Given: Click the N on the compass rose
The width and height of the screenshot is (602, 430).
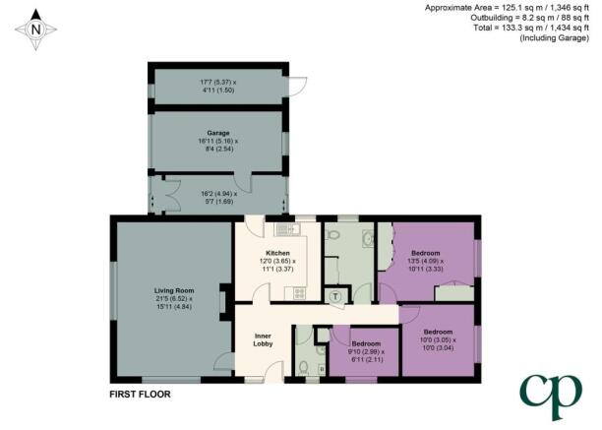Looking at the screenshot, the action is coord(35,30).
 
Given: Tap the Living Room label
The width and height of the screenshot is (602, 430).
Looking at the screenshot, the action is coord(174,290).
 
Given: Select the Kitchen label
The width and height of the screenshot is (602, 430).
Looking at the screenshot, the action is coord(277,253).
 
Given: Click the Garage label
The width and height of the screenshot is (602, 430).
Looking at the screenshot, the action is coord(218,133).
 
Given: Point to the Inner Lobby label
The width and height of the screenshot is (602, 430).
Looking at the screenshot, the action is coord(263,339).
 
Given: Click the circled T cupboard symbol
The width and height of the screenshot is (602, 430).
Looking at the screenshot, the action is coord(336,296).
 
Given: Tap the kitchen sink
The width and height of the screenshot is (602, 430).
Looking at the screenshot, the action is coord(287,229).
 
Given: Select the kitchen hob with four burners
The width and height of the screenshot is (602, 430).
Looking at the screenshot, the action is coord(299,293).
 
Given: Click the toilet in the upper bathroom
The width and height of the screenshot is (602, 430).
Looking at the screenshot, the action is coord(332,234).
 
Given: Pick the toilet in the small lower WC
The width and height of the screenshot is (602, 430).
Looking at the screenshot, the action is coord(303,367).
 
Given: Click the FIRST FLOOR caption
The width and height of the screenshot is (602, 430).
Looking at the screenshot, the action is coord(140,394).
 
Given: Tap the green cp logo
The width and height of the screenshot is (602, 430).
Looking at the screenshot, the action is coord(551,396).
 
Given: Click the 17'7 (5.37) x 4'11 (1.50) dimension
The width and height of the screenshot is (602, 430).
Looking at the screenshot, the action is coord(218,86).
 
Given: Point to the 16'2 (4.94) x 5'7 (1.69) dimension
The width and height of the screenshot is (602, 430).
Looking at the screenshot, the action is coord(218,198).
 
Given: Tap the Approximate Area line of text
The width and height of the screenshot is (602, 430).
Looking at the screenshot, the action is coord(507,7).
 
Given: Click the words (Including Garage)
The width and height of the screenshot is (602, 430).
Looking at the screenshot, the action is coord(555,37).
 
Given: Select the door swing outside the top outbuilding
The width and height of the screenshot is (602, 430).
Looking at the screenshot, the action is coord(299,87).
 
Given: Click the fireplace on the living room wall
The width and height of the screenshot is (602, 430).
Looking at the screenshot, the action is coord(223,302).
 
